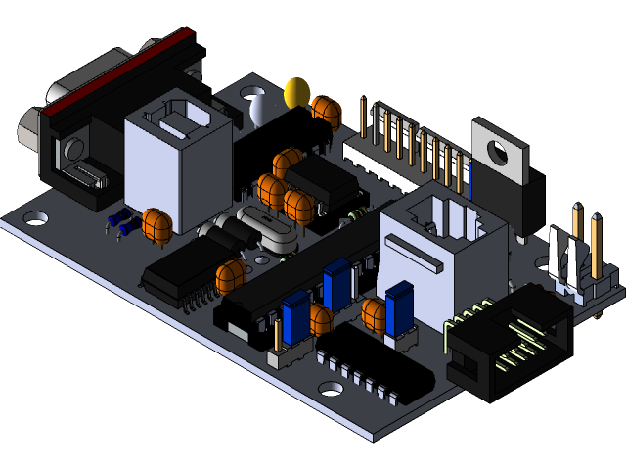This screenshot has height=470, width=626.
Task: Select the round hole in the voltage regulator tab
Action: click(499, 152)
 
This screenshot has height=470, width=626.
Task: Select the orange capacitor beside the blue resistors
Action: click(156, 224)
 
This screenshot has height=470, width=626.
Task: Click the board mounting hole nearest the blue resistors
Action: click(34, 213)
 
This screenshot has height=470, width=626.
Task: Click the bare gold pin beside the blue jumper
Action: click(278, 333)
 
